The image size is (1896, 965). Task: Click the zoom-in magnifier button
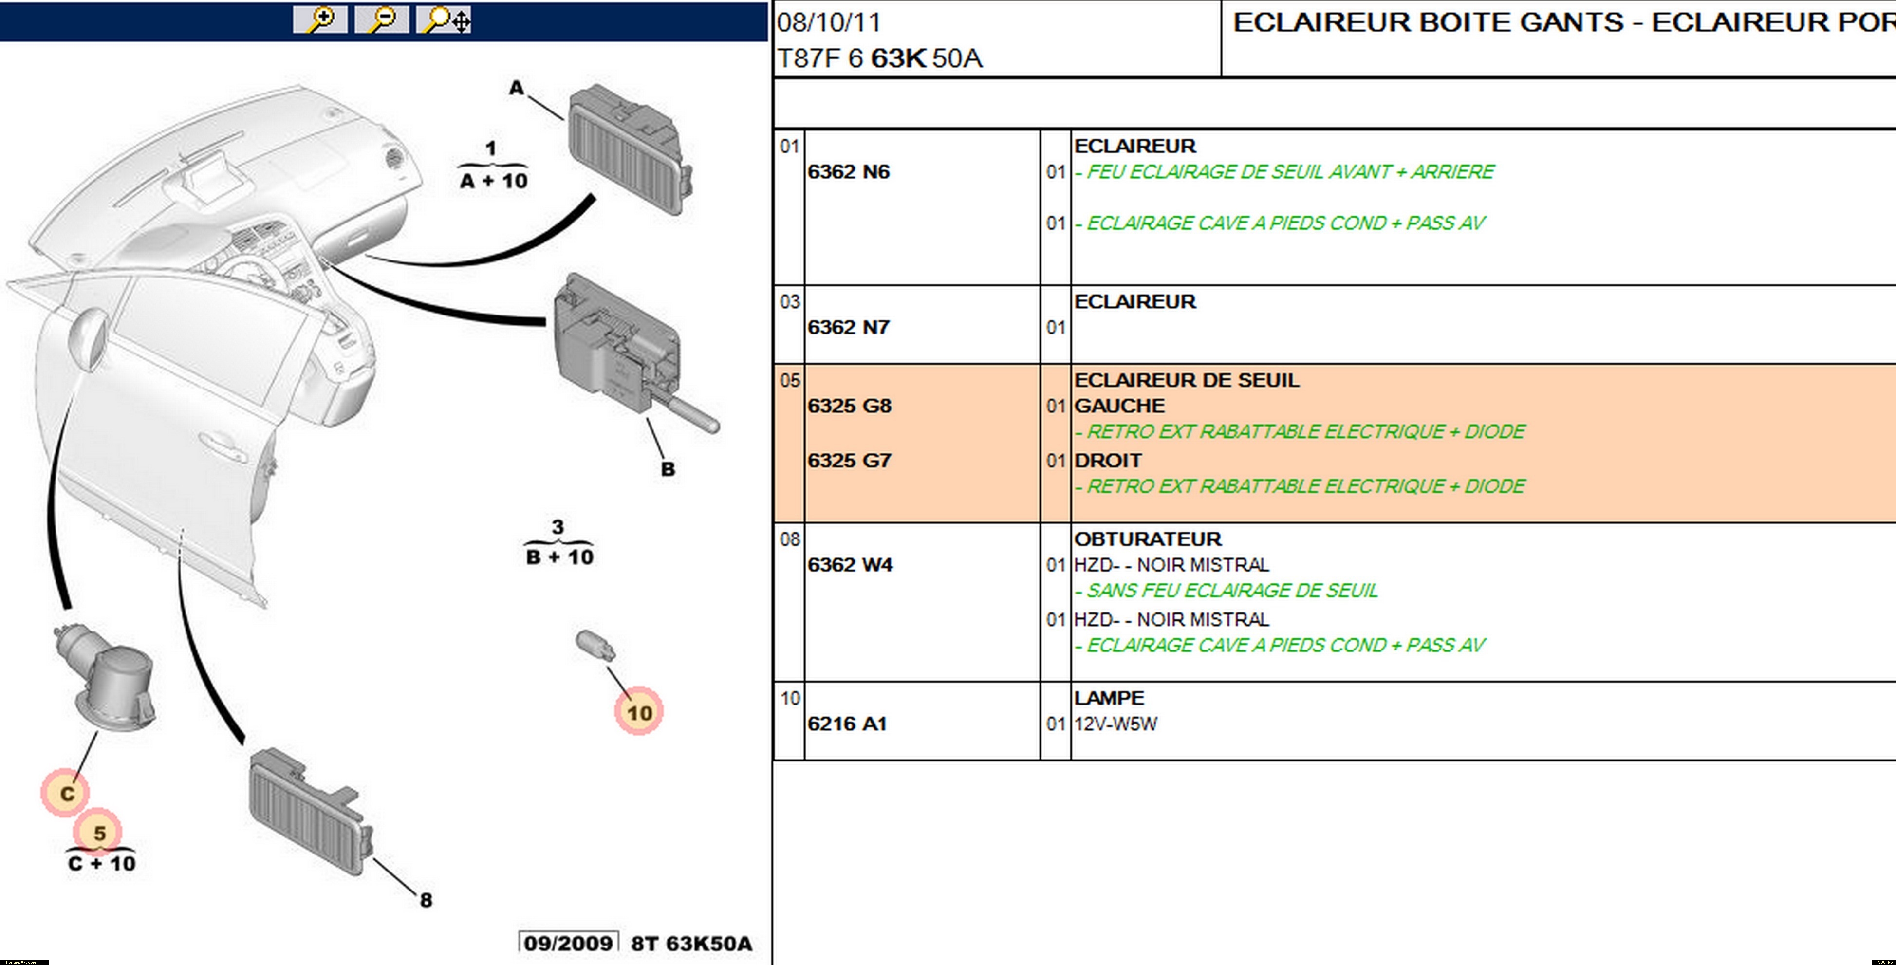click(x=319, y=20)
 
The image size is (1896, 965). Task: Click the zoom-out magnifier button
click(x=381, y=20)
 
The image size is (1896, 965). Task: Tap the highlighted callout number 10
click(x=639, y=712)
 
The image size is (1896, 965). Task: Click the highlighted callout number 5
click(x=99, y=833)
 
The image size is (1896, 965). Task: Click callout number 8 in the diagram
click(x=426, y=899)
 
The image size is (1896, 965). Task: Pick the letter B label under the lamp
click(x=668, y=469)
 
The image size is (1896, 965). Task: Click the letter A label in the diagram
click(x=517, y=88)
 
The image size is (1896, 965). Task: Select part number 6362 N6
click(x=849, y=171)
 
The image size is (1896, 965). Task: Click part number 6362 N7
click(x=849, y=327)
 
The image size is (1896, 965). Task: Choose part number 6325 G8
click(x=849, y=406)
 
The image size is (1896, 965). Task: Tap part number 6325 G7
click(x=849, y=461)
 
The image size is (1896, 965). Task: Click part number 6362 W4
click(x=850, y=565)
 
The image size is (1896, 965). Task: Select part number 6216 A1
click(x=847, y=724)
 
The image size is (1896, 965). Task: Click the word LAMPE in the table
click(x=1109, y=698)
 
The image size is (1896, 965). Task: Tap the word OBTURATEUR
click(x=1148, y=539)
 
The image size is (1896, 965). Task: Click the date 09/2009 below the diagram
click(x=568, y=943)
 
